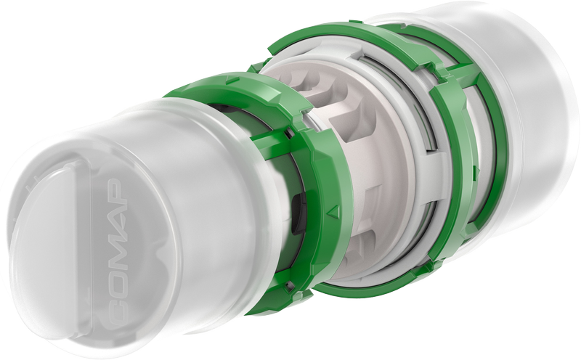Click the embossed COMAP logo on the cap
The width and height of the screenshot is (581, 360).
118,253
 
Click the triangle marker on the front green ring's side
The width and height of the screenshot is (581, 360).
334,211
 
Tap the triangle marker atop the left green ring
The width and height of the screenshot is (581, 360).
232,79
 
